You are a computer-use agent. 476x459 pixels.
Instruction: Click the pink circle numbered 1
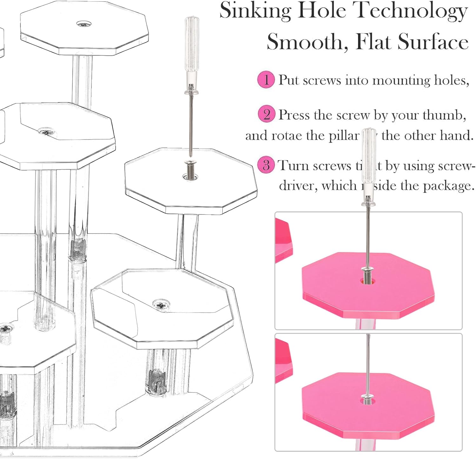point(266,79)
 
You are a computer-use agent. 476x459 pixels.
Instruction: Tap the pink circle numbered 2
point(266,114)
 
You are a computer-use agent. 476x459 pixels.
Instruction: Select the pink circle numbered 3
point(266,165)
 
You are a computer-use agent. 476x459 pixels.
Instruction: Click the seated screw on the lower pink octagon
point(368,396)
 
